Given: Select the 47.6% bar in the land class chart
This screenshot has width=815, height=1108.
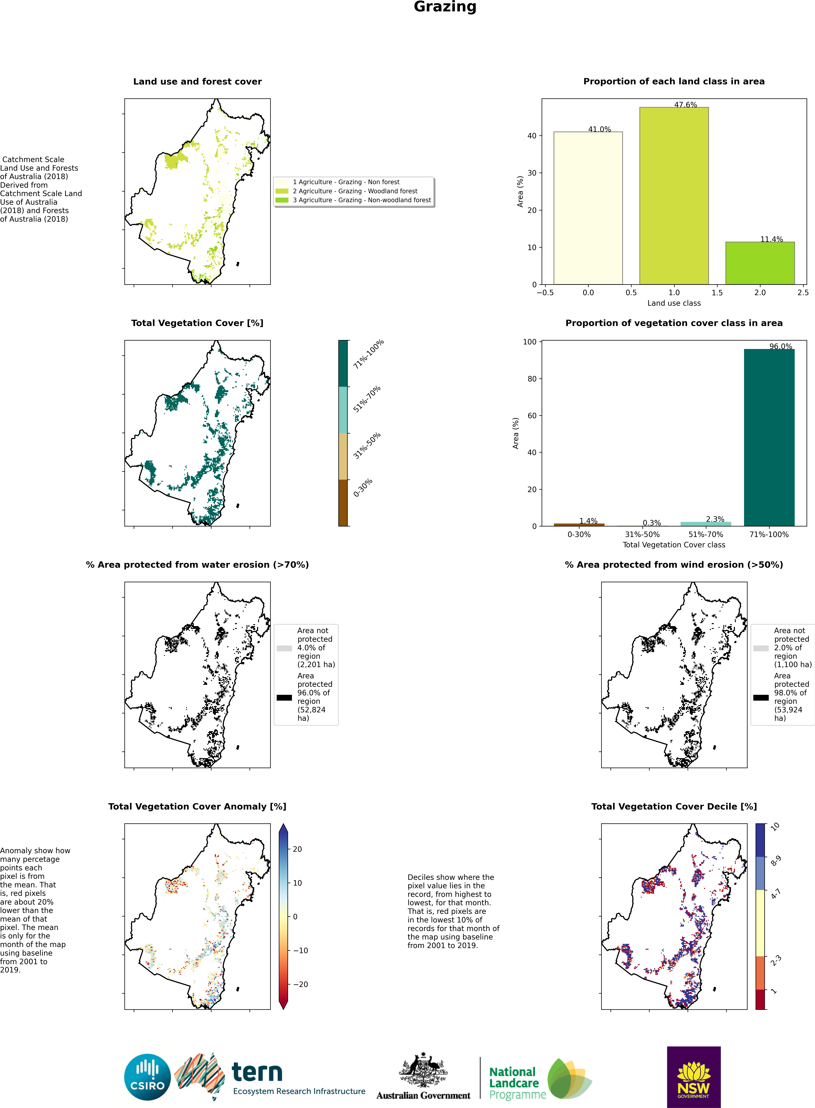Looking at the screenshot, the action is pos(674,196).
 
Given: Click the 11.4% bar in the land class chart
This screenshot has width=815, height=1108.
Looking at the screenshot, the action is pos(760,263).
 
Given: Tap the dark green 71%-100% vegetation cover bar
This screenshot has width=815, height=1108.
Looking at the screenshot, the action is pos(769,438).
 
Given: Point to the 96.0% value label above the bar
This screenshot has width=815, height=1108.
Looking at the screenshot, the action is pos(780,346).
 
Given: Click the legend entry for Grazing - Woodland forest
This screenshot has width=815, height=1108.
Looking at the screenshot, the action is pos(355,191).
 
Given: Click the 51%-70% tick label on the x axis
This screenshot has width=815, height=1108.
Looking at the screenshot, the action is pos(705,534).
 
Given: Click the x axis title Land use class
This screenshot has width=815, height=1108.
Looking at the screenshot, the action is pos(674,303).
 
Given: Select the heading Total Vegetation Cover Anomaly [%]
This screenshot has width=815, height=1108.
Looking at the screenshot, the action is pos(197,806).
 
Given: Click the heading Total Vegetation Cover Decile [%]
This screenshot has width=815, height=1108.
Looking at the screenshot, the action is pos(674,806).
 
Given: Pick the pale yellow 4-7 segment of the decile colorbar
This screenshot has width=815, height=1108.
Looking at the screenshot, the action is pos(760,923).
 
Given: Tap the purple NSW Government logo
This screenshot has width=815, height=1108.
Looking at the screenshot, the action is pos(694,1077).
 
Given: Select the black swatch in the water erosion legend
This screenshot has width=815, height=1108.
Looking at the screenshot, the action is pos(284,698).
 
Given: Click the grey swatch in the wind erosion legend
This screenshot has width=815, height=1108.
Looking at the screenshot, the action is pos(761,648).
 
